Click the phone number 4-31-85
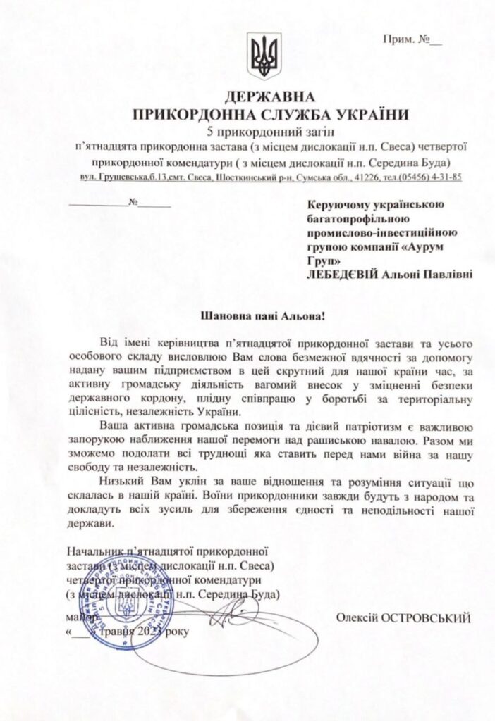click(446, 177)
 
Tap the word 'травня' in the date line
click(117, 632)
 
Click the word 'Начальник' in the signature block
click(87, 551)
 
